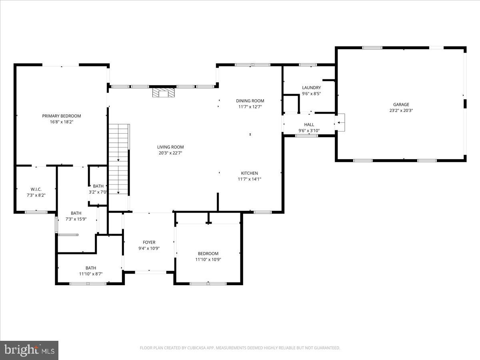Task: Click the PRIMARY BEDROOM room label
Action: pos(62,116)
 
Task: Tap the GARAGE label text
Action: pos(401,105)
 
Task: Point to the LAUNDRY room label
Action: pos(311,88)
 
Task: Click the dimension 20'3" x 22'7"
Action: pos(170,153)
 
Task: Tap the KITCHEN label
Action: pos(249,173)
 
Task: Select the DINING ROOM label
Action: pos(250,101)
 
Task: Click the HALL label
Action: pos(309,125)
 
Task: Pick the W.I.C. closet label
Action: pos(36,189)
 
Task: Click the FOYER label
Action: pos(149,242)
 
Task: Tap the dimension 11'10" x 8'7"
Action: pos(91,274)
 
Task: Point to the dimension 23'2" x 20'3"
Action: pos(401,110)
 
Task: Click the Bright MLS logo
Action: pos(29,350)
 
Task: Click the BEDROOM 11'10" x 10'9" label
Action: pos(208,254)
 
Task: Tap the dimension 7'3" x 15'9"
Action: pos(76,219)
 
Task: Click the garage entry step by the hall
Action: pos(341,122)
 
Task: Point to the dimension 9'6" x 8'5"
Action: pos(311,94)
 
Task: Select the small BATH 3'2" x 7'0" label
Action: pos(98,186)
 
